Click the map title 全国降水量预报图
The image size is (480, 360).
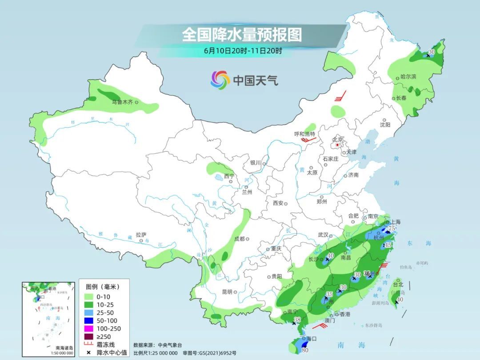coord(242,34)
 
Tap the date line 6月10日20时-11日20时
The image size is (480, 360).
coord(243,51)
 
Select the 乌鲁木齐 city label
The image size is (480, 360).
coord(122,102)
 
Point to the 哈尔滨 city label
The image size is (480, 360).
coord(408,77)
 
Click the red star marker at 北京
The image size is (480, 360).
coord(338,145)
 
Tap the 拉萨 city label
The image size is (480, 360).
coord(141,234)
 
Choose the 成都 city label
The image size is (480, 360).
coord(239,239)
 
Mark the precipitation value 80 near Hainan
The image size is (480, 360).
coord(305,350)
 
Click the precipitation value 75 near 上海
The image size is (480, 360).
coord(392,228)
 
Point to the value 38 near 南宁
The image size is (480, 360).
coord(297,319)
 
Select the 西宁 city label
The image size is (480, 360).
coord(228,176)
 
